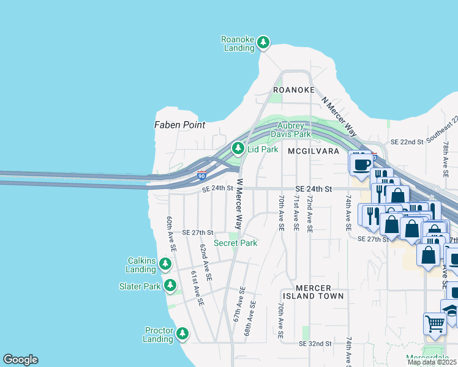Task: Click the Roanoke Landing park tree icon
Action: [x=263, y=42]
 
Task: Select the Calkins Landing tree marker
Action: [x=165, y=264]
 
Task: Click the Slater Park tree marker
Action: [x=170, y=285]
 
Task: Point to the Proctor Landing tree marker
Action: [x=182, y=333]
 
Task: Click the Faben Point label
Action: [x=179, y=125]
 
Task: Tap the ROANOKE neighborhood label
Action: [x=294, y=90]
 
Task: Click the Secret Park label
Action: [x=235, y=243]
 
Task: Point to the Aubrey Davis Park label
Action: [x=290, y=130]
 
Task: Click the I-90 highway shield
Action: [x=201, y=176]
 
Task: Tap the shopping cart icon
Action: [x=435, y=324]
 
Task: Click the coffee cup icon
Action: [x=361, y=163]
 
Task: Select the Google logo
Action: [x=20, y=360]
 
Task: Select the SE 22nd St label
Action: [x=403, y=142]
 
